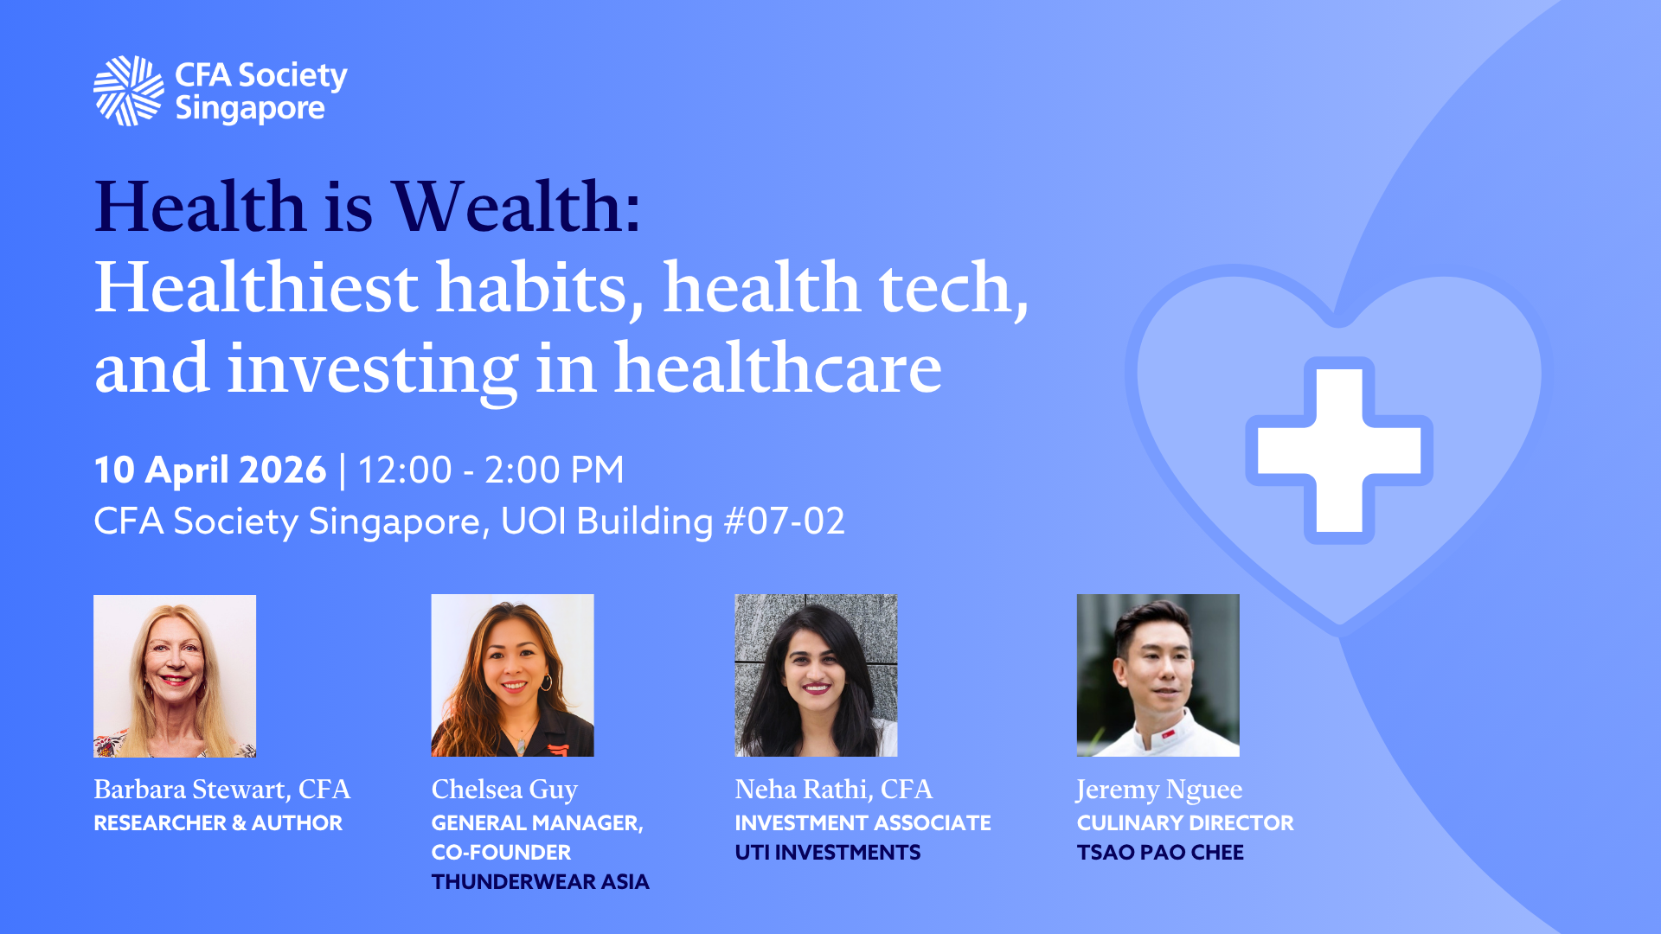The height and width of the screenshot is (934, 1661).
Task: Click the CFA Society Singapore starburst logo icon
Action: (128, 91)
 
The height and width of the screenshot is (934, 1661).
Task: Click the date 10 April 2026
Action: (210, 470)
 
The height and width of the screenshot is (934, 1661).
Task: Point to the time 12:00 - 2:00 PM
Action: (491, 470)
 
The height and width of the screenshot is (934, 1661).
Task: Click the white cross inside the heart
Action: (1339, 451)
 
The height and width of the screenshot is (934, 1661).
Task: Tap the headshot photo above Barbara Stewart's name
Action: (175, 676)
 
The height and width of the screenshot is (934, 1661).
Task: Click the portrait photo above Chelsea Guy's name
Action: (513, 675)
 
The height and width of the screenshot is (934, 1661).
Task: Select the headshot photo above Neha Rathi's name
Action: (817, 675)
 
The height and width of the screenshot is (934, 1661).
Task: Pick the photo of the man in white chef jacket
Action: (1158, 675)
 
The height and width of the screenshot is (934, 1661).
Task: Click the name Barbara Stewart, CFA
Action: (222, 790)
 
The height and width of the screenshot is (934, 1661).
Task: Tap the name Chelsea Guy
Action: (504, 790)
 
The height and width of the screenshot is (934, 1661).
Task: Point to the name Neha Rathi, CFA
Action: (834, 790)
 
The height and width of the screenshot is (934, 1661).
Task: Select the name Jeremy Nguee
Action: (1159, 790)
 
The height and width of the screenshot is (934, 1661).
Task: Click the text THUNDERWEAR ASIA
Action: (541, 881)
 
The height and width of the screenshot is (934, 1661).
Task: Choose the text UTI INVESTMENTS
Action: (828, 852)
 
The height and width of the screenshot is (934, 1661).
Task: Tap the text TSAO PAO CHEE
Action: (1160, 852)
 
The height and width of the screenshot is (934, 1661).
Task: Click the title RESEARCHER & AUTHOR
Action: (218, 822)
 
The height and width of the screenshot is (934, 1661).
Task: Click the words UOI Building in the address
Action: (607, 521)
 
